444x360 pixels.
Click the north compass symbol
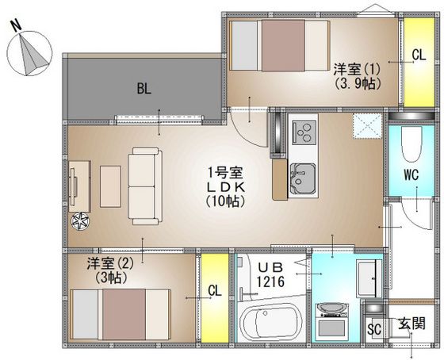[29, 53]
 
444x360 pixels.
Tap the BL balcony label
[144, 89]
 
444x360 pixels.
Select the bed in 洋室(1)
[280, 45]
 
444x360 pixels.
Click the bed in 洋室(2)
[121, 314]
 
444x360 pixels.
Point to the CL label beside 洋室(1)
[419, 56]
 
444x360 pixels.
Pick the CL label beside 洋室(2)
[215, 290]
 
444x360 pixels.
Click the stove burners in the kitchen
[304, 132]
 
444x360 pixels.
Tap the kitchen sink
[302, 178]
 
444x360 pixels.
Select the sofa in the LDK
[145, 186]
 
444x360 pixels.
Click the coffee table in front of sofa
[110, 186]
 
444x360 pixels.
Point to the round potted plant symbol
[80, 221]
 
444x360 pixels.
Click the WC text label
[411, 174]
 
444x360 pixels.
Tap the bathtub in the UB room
[271, 321]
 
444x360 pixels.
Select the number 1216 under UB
[270, 281]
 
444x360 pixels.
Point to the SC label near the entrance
[374, 329]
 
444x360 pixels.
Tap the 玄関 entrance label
[411, 324]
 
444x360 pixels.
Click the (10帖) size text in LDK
[225, 201]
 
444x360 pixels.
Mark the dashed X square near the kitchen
[367, 125]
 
